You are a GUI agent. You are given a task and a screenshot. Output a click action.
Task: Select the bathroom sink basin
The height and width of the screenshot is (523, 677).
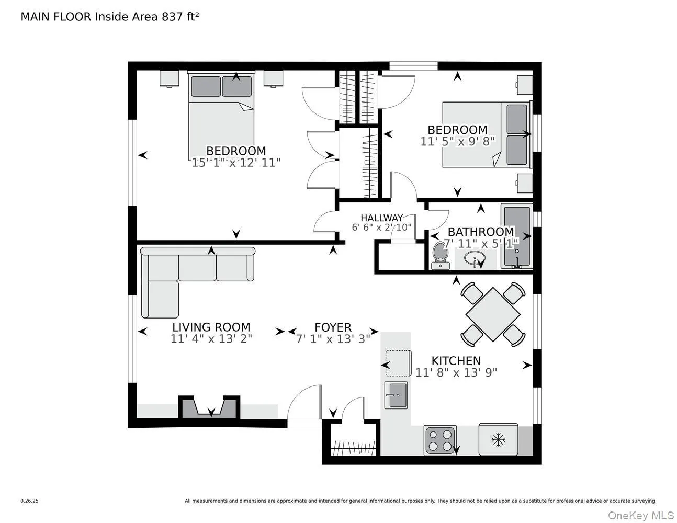point(475,258)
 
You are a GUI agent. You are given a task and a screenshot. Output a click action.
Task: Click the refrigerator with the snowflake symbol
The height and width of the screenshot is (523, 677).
point(498,440)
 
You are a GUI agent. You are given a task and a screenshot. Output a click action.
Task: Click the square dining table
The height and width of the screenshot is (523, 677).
point(493,314)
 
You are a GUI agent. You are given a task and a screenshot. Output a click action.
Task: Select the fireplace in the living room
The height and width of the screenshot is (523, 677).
point(210,407)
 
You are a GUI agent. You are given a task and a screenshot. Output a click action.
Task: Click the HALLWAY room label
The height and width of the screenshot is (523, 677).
point(382,218)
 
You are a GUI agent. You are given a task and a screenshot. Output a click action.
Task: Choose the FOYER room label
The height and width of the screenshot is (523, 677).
point(333,327)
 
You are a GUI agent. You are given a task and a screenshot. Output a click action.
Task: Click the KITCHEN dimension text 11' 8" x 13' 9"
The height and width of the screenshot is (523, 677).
point(456,372)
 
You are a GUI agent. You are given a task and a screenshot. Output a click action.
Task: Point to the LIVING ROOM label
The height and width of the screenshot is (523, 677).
point(211,327)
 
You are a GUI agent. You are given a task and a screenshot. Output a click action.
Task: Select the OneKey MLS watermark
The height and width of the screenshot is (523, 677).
point(641,515)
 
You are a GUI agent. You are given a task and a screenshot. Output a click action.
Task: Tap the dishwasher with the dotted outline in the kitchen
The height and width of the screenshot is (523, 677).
point(398,363)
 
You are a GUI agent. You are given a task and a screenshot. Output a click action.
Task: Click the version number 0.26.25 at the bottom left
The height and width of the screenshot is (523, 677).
point(29,501)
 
